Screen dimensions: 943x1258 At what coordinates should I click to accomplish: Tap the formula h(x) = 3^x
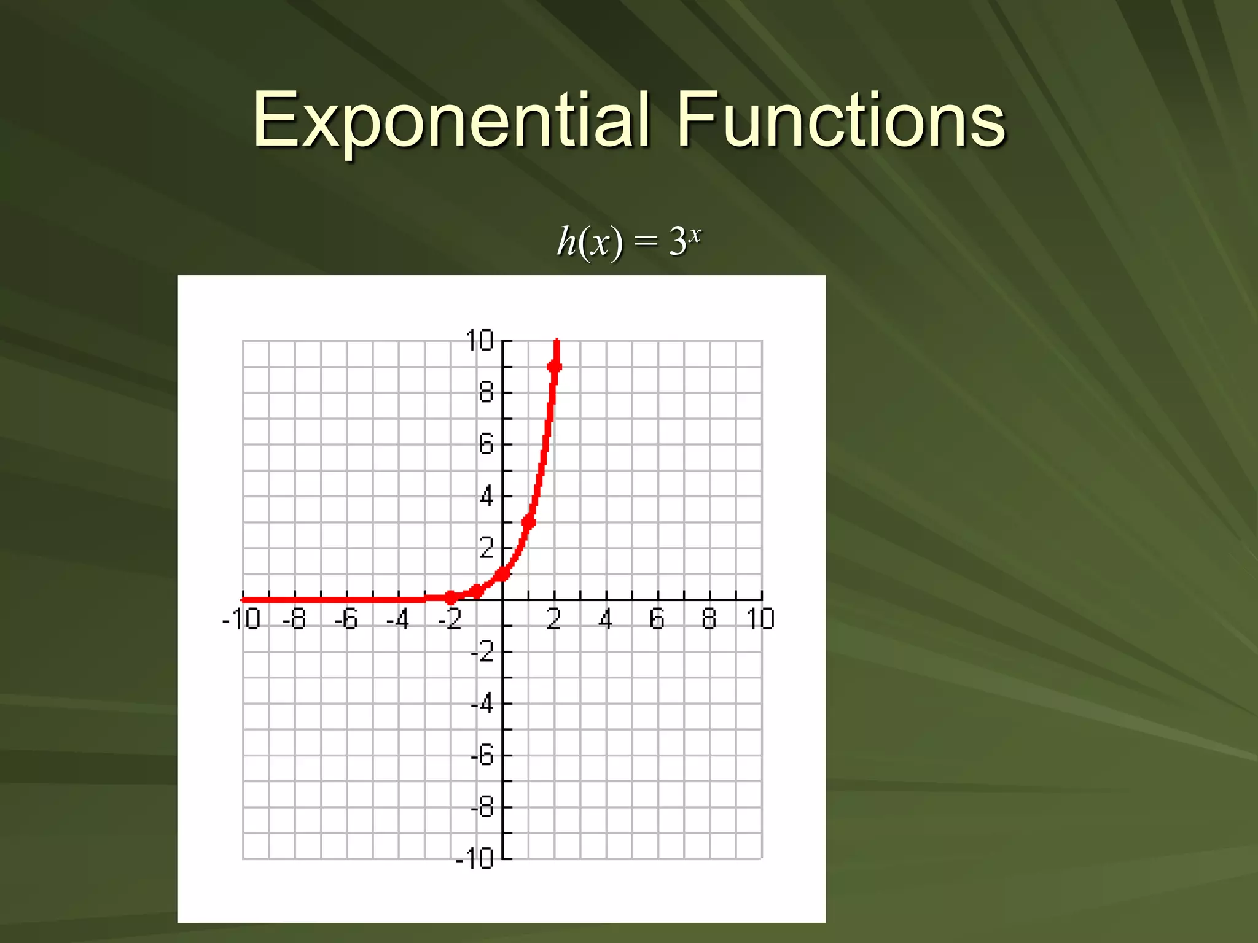tap(628, 241)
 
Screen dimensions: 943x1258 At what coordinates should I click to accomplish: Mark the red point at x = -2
tap(451, 597)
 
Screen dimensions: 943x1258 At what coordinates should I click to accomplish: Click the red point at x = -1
tap(477, 592)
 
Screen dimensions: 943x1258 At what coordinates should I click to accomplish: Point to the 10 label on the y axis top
tap(479, 341)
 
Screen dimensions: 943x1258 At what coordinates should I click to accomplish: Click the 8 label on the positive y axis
tap(486, 392)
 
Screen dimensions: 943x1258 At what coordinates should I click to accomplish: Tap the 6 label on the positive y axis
tap(486, 444)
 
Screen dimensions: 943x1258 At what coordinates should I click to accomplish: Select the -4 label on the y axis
tap(482, 704)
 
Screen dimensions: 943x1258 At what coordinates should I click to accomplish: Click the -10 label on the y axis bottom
tap(475, 859)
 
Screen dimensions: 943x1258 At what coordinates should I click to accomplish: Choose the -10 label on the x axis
tap(241, 619)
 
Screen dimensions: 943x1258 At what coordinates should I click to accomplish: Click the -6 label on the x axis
tap(346, 619)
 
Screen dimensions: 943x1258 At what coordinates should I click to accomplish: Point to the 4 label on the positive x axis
tap(606, 619)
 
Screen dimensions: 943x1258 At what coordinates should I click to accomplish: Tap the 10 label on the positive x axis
tap(760, 619)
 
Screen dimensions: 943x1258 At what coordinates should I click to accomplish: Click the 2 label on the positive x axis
tap(553, 619)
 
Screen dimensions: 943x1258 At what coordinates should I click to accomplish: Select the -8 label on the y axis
tap(482, 807)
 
